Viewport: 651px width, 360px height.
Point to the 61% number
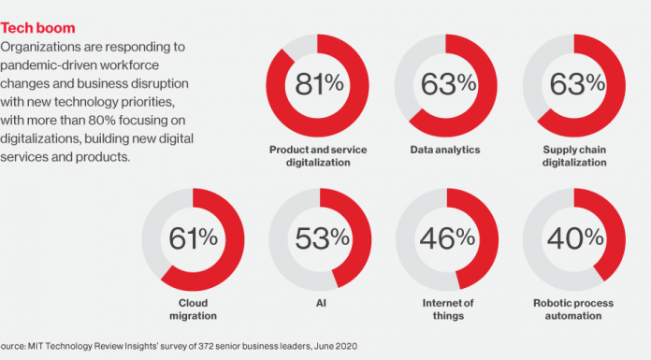(192, 238)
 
